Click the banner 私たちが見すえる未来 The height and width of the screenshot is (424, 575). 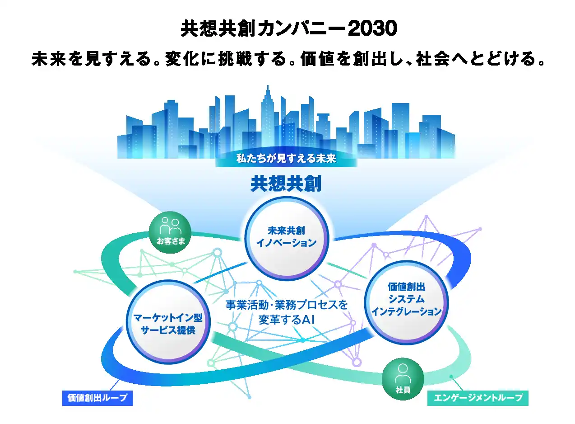click(287, 159)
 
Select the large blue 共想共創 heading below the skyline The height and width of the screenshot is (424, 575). click(286, 184)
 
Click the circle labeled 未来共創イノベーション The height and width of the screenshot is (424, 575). click(287, 237)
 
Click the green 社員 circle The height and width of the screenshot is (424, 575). click(403, 379)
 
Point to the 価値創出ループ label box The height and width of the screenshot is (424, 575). click(97, 398)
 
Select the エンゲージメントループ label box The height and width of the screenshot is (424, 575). click(478, 398)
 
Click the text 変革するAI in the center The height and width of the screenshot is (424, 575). click(286, 320)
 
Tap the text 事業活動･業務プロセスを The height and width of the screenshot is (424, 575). click(287, 305)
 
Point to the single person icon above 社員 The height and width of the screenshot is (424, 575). click(403, 373)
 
